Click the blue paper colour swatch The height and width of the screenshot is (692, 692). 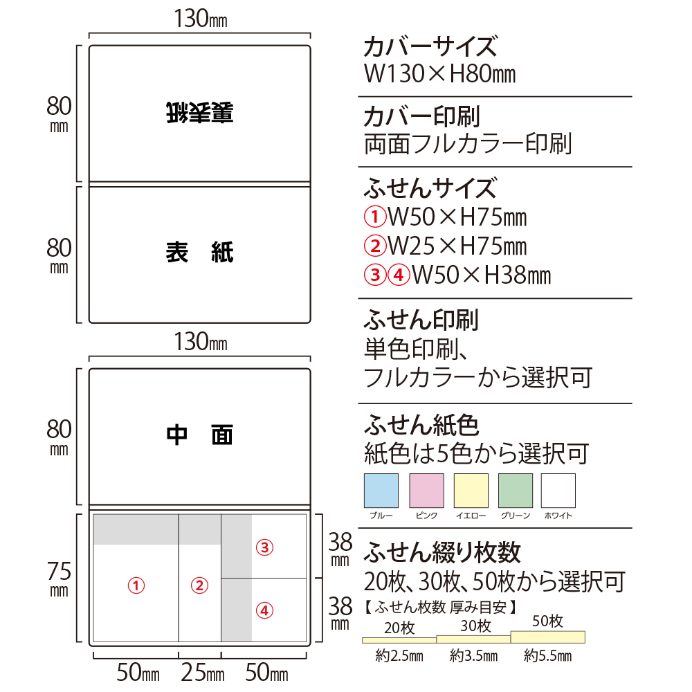click(381, 491)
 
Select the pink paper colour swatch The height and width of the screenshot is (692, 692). click(427, 491)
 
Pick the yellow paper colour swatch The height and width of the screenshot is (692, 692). click(471, 491)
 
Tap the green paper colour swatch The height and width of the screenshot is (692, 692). click(516, 491)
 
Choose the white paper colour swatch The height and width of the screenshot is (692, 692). click(558, 491)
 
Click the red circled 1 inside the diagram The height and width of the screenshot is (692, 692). click(136, 585)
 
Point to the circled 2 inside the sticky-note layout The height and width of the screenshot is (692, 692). click(199, 585)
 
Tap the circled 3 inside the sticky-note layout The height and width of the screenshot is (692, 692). click(265, 547)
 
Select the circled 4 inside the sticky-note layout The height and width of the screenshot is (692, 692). click(265, 611)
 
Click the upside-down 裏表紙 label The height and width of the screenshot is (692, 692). click(200, 113)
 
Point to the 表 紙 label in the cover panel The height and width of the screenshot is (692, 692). click(200, 253)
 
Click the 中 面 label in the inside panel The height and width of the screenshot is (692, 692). click(200, 435)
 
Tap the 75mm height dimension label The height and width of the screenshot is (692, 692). click(59, 579)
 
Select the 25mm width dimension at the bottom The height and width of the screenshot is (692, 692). click(203, 673)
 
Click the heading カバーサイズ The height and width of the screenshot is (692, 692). click(430, 46)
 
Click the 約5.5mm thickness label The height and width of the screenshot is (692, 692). click(547, 656)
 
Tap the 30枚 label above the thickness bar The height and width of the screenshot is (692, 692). click(476, 626)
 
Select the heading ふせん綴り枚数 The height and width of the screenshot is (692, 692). click(442, 553)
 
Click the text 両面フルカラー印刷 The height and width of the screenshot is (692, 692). click(468, 144)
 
